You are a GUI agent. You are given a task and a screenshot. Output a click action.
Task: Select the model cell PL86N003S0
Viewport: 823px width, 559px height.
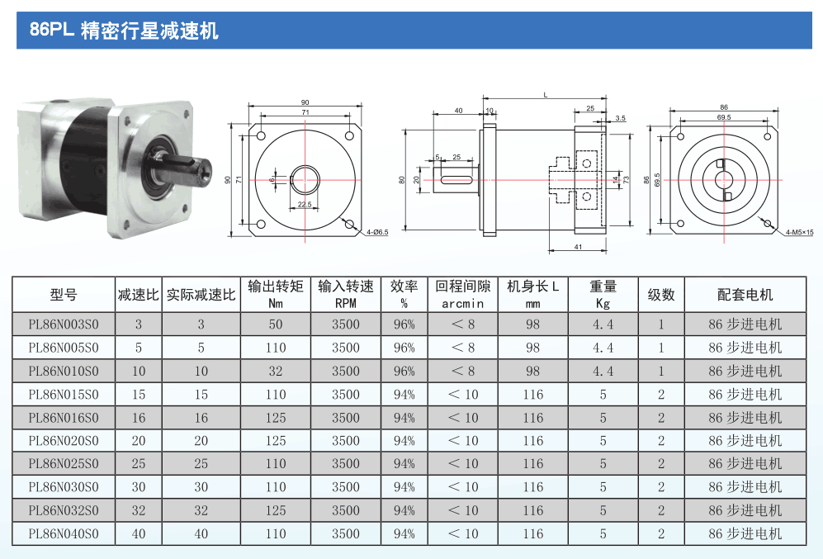pos(63,325)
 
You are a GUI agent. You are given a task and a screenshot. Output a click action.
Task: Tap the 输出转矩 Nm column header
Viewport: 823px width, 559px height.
pos(276,294)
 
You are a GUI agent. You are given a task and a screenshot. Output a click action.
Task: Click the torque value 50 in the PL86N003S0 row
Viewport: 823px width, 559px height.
pos(276,325)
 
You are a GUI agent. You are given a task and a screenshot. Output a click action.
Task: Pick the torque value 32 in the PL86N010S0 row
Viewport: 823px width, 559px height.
pos(276,371)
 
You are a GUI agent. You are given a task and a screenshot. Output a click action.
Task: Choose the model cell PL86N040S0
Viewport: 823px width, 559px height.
pos(63,534)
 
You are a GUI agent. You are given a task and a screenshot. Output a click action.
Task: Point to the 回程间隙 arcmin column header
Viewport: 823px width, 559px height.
pos(463,294)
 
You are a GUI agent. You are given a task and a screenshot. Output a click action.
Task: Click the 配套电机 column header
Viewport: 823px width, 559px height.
pos(745,294)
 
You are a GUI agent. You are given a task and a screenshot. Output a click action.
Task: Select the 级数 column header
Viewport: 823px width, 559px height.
pos(661,294)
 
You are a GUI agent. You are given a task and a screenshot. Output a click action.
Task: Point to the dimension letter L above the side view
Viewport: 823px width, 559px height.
pos(545,95)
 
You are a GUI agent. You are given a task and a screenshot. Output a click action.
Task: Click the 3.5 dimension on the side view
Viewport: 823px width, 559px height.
pos(620,119)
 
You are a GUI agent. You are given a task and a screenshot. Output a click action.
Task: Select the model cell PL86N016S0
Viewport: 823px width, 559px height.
pos(63,418)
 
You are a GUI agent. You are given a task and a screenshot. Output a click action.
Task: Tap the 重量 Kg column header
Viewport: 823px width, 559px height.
pos(603,294)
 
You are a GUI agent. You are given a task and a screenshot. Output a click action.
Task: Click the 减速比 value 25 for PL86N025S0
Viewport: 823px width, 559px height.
pos(139,464)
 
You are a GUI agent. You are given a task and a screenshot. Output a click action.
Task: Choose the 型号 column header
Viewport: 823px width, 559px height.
pos(63,294)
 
